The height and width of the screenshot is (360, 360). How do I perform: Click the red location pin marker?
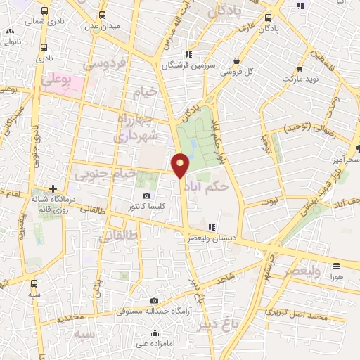(181, 165)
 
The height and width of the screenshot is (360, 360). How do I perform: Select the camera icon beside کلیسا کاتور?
(146, 196)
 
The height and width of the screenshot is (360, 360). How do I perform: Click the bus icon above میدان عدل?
(103, 14)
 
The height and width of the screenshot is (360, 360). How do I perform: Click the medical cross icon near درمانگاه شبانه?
(53, 188)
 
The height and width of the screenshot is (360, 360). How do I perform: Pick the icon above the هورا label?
(336, 266)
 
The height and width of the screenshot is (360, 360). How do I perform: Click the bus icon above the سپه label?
(35, 285)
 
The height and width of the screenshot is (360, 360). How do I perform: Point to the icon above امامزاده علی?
(154, 333)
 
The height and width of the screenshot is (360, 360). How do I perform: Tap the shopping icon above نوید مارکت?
(300, 69)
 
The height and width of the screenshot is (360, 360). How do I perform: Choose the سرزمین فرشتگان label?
(187, 65)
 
